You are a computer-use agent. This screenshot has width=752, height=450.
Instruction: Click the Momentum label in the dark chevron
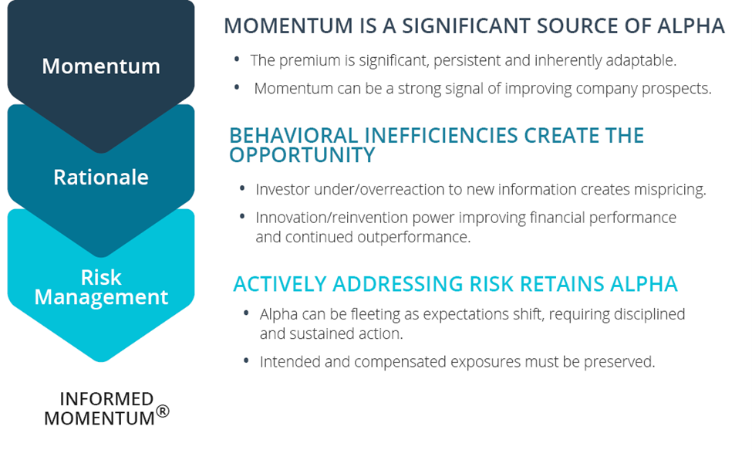[x=101, y=66]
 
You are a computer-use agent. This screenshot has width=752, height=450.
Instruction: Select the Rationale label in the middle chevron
[x=101, y=177]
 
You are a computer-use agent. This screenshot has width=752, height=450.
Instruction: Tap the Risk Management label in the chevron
[x=101, y=287]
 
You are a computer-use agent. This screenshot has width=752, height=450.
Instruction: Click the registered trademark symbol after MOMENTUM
[x=163, y=411]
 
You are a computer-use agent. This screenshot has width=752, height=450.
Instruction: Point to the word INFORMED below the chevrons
[x=106, y=398]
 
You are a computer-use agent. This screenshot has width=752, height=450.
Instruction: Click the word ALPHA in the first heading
[x=691, y=26]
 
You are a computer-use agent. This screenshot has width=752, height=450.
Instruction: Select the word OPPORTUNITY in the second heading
[x=302, y=155]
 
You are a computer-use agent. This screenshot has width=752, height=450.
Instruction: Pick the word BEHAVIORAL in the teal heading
[x=294, y=135]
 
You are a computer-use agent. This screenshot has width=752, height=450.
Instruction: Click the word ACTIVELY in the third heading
[x=280, y=284]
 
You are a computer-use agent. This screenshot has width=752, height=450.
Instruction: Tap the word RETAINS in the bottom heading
[x=562, y=284]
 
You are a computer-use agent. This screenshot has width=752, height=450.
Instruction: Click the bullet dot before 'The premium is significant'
[x=237, y=59]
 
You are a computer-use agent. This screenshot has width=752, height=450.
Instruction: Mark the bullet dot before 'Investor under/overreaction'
[x=242, y=188]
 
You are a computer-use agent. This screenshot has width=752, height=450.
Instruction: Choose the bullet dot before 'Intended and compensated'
[x=246, y=360]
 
